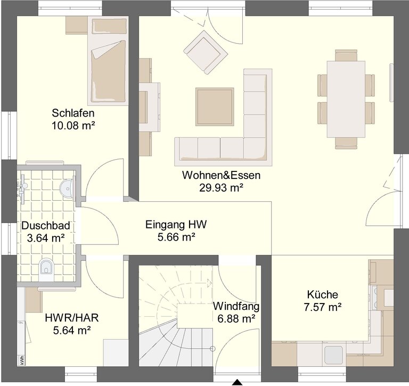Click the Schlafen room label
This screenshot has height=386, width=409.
tap(73, 113)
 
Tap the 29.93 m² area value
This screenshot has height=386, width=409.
tap(222, 187)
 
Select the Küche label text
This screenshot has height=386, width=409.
tap(322, 294)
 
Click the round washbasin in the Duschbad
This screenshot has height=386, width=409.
tap(67, 187)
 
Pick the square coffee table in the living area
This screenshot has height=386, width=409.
tap(215, 106)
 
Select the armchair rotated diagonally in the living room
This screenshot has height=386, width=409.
tap(206, 51)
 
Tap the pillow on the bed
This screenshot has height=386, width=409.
tap(109, 26)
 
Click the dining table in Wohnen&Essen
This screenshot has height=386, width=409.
tap(346, 99)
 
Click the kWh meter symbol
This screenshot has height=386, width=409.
tap(21, 360)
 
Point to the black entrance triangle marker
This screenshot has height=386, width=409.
tap(237, 382)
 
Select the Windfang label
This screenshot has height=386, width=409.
tap(236, 306)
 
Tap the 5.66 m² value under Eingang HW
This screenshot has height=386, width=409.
tap(176, 237)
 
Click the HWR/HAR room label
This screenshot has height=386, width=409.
tap(72, 318)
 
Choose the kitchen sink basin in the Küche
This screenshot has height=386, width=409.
tap(333, 355)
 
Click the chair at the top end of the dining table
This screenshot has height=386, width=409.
tap(346, 55)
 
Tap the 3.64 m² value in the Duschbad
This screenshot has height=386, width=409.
tap(46, 237)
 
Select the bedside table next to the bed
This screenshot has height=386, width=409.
tap(76, 25)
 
